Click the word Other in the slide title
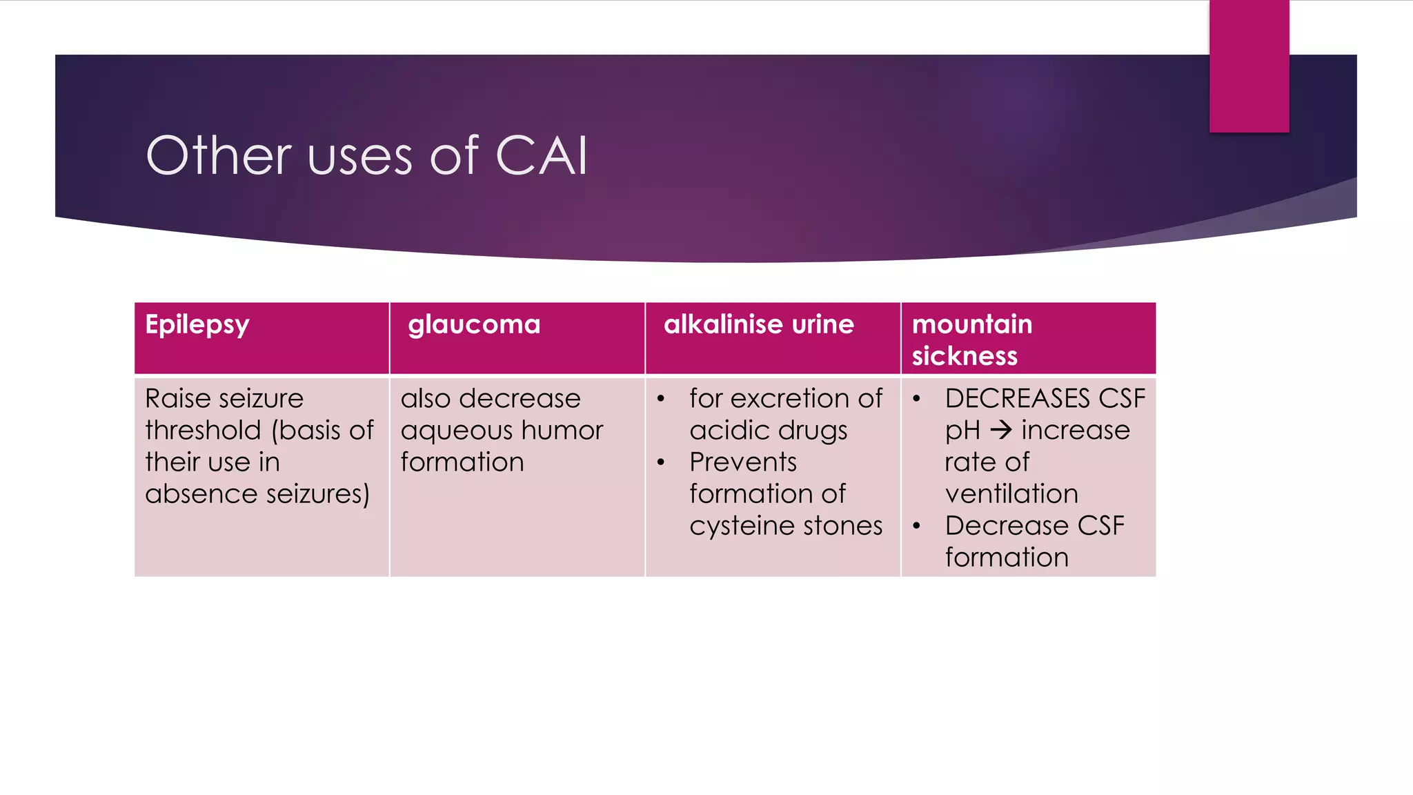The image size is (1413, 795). tap(219, 156)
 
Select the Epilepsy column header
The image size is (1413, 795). tap(197, 325)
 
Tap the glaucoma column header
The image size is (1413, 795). tap(474, 325)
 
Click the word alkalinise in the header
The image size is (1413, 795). tap(723, 324)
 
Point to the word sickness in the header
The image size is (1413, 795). tap(965, 356)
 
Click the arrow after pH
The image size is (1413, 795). tap(1001, 431)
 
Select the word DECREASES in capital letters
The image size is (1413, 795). tap(1018, 399)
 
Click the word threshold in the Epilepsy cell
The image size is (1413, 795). tap(203, 431)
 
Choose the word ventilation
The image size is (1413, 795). tap(1011, 494)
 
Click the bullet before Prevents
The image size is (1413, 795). tap(661, 462)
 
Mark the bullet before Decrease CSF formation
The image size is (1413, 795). tap(916, 526)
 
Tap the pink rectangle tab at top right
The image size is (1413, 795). tap(1249, 66)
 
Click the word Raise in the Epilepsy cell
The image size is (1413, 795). tap(175, 399)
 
